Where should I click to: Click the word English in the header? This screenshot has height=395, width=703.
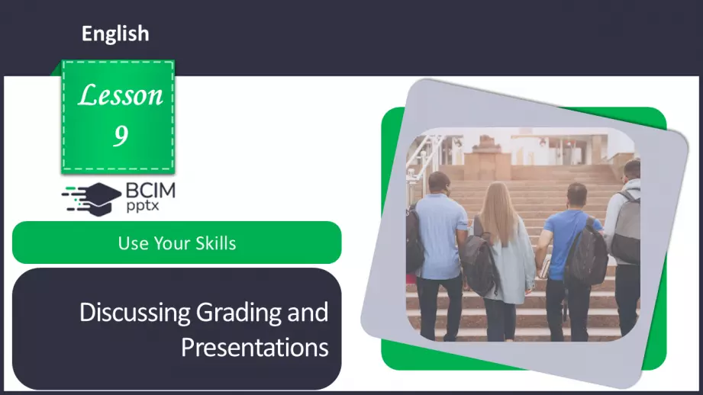coord(115,34)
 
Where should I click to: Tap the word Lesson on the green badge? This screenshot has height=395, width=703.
coord(120,95)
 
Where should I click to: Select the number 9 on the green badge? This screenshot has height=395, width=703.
coord(121,136)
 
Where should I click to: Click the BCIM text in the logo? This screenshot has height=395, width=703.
coord(150,191)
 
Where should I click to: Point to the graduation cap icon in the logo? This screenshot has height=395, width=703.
coord(92,199)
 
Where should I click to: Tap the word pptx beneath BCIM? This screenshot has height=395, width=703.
coord(143,206)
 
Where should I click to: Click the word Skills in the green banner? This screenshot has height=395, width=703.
coord(215,243)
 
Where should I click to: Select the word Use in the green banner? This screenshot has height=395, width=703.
coord(133,243)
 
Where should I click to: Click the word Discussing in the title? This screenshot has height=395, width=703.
coord(135,313)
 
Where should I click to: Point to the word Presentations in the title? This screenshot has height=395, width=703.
coord(255,347)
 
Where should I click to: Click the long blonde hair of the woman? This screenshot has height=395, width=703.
coord(498,210)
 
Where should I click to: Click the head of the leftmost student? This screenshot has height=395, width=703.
coord(440,184)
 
